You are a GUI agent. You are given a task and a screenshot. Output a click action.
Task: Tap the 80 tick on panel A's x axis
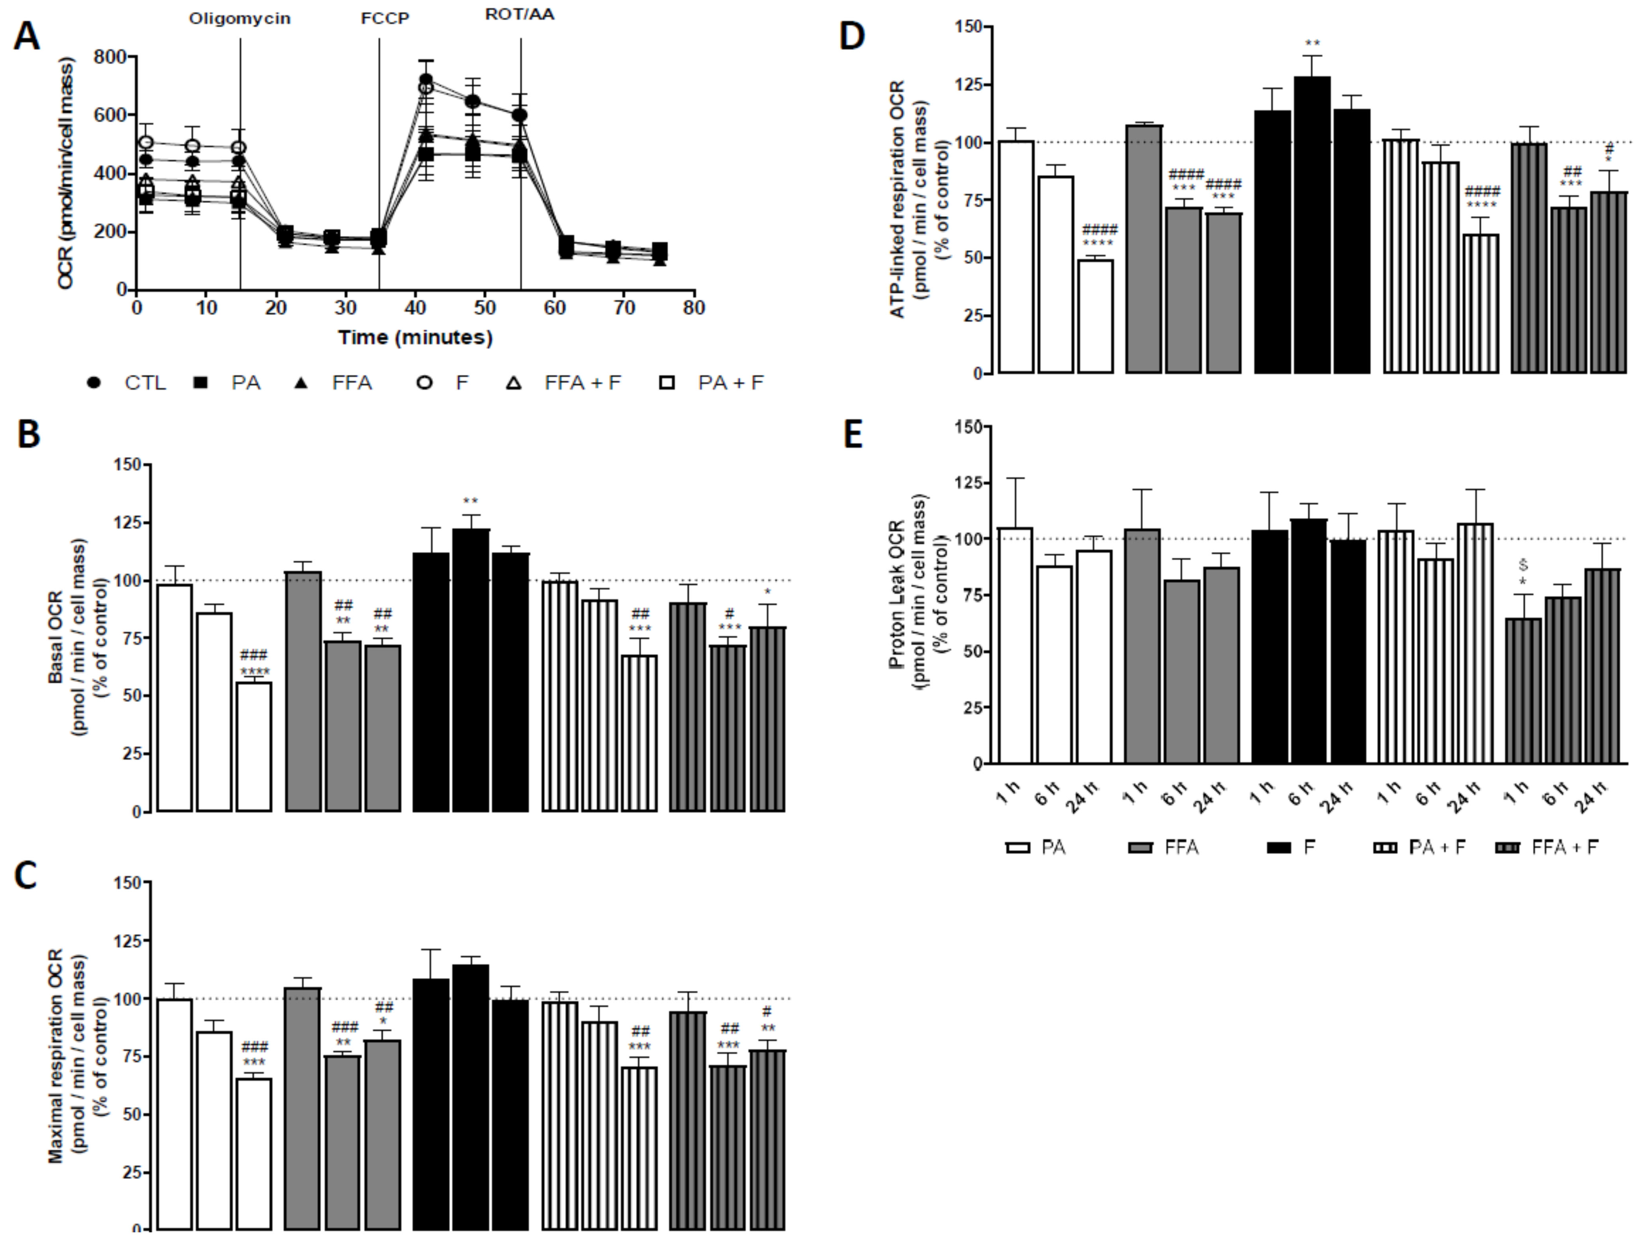point(694,308)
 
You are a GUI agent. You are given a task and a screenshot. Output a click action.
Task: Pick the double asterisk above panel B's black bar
point(470,502)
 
